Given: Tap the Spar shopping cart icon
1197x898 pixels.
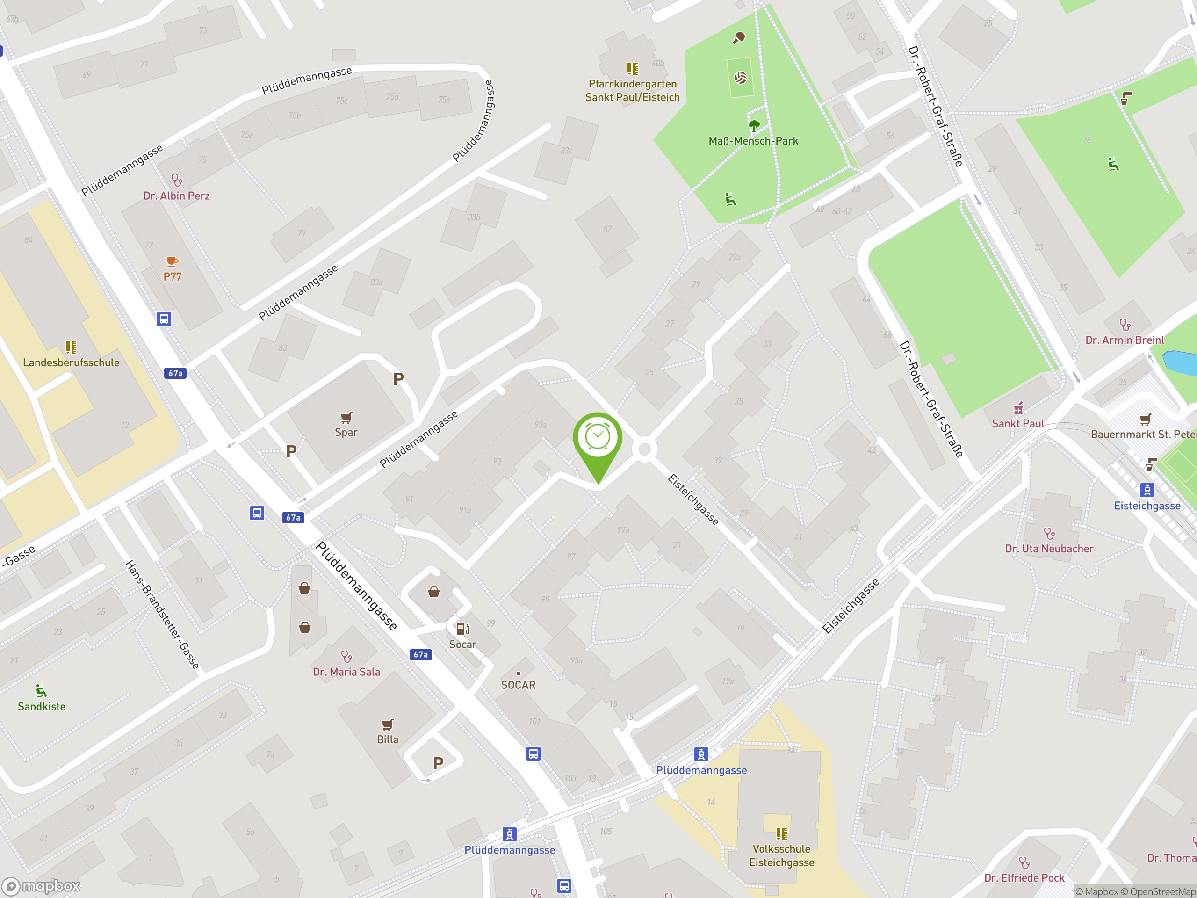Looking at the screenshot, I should (x=346, y=417).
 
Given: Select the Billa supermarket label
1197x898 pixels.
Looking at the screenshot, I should (x=388, y=739).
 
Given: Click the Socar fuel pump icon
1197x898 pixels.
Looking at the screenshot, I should (x=463, y=629).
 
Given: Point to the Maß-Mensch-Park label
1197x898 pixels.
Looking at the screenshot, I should (x=753, y=141).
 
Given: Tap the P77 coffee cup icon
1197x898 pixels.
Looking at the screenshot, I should (x=172, y=262).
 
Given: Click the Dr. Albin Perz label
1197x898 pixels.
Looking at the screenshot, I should (x=176, y=196).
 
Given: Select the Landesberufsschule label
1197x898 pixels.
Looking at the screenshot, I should (x=71, y=362).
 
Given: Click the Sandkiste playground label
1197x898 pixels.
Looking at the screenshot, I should (x=42, y=706).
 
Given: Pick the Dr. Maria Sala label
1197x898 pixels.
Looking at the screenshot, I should (x=346, y=672).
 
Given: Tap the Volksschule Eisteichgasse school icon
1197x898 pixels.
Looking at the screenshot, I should (x=781, y=833).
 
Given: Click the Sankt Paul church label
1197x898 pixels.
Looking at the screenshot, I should (x=1018, y=423).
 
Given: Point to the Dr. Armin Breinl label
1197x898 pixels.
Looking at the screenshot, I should (x=1125, y=340).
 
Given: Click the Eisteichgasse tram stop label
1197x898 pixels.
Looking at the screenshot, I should (x=1147, y=506).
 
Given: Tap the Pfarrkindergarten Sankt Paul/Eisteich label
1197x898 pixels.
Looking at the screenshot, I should (x=632, y=90).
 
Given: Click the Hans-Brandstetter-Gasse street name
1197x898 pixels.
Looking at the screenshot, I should (x=162, y=615).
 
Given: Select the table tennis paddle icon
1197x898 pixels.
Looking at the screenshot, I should (x=739, y=37).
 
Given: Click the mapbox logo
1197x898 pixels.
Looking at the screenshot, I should (x=41, y=885).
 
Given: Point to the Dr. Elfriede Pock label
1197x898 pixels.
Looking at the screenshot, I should (x=1024, y=878).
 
